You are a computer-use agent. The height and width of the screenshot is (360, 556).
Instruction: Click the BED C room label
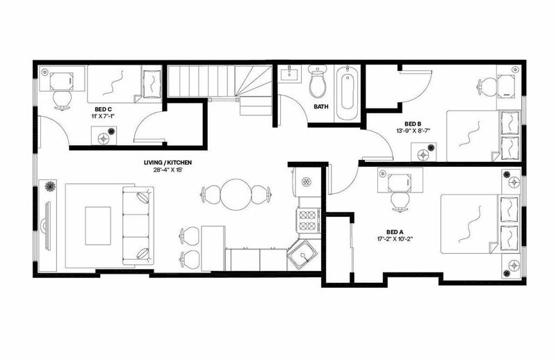(x=103, y=109)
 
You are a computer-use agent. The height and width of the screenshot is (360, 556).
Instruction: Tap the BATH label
(x=321, y=106)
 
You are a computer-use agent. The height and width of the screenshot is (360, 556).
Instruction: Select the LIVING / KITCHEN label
(x=167, y=163)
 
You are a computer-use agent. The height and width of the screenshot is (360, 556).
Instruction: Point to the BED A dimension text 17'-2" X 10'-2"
(x=395, y=239)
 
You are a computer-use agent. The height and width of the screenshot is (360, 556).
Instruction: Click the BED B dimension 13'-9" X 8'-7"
(x=413, y=131)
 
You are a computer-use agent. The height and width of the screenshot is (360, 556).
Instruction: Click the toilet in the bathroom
(x=318, y=81)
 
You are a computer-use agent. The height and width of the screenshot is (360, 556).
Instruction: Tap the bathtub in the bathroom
(x=347, y=92)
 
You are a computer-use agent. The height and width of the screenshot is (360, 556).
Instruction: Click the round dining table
(x=236, y=195)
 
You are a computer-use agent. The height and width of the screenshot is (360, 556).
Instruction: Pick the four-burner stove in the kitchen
(x=307, y=220)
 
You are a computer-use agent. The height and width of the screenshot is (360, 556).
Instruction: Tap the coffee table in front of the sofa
(x=98, y=226)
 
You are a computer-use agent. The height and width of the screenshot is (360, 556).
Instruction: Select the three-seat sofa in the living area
(x=138, y=226)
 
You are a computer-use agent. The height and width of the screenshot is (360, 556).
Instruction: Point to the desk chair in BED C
(x=63, y=100)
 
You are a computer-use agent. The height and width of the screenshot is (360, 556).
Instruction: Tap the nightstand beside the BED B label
(x=423, y=152)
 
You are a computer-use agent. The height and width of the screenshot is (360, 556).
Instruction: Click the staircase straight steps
(x=200, y=81)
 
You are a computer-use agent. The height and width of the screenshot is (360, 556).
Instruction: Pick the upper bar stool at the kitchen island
(x=189, y=236)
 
